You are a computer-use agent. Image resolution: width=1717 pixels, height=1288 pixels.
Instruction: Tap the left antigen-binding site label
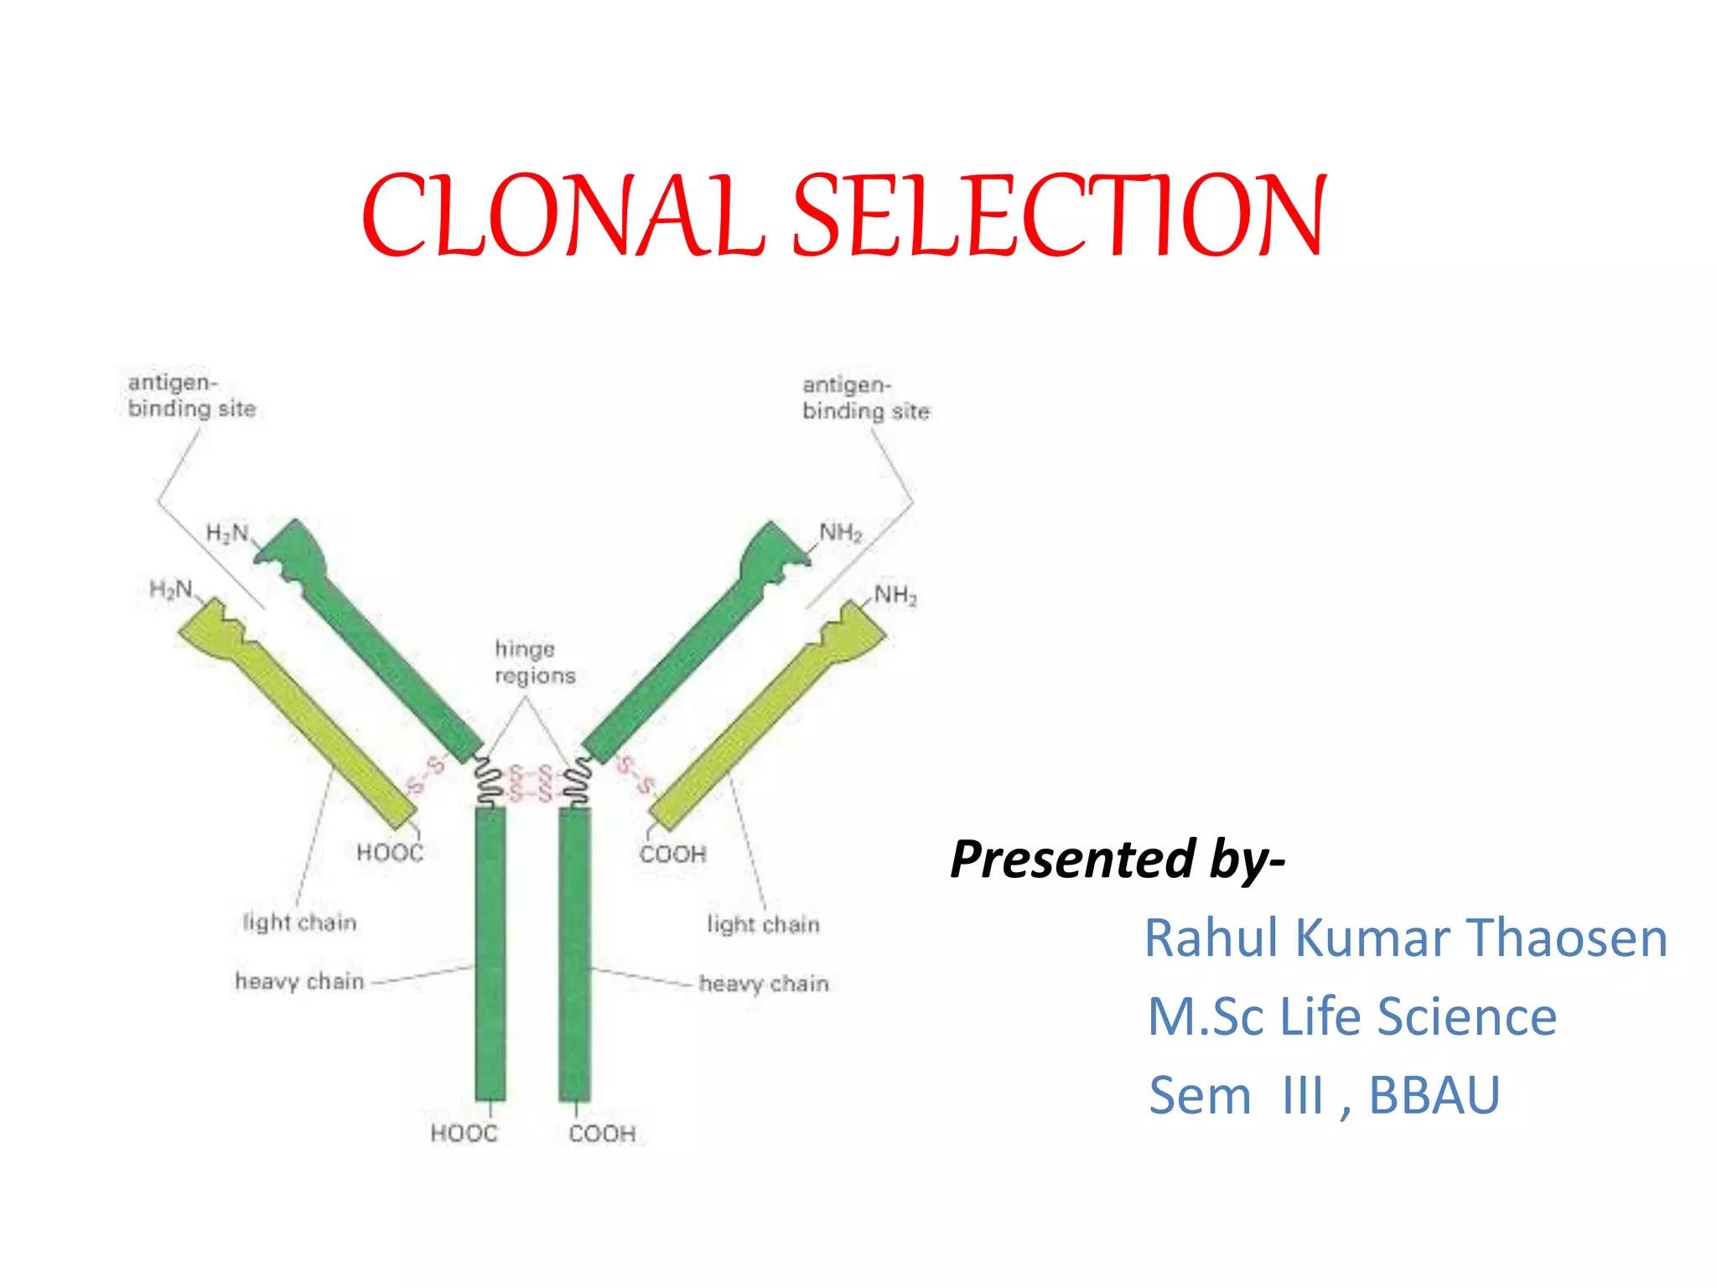click(x=191, y=396)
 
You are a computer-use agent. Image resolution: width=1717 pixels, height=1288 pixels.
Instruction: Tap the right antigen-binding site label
click(x=865, y=398)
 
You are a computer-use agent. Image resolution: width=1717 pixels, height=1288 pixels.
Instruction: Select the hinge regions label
click(x=534, y=662)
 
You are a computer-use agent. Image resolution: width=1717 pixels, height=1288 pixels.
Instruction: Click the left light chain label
click(x=299, y=922)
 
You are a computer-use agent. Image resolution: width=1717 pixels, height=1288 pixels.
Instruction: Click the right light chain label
click(x=763, y=924)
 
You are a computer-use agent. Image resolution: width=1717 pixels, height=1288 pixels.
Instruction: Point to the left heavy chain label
click(x=299, y=981)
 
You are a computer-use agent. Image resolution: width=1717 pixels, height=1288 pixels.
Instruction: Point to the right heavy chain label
click(x=763, y=983)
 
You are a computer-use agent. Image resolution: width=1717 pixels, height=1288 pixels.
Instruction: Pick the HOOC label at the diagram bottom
click(x=464, y=1134)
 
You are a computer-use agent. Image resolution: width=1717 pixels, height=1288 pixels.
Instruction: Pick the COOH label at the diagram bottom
click(x=602, y=1134)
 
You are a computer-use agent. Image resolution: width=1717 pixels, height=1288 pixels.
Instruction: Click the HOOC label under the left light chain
click(x=390, y=853)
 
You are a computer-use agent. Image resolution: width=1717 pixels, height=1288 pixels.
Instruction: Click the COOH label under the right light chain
click(x=672, y=854)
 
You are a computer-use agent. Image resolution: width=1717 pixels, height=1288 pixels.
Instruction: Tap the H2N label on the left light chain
click(x=170, y=589)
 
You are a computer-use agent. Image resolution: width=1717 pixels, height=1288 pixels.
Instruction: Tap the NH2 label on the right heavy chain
click(x=840, y=532)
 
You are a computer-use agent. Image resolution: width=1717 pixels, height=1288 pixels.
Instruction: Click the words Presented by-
click(x=1117, y=859)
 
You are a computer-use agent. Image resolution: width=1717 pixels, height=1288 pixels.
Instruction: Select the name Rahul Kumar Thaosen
click(x=1406, y=937)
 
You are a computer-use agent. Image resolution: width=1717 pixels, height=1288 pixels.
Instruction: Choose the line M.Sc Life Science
click(x=1351, y=1016)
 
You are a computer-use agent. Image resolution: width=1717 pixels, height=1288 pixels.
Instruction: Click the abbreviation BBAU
click(x=1434, y=1095)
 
